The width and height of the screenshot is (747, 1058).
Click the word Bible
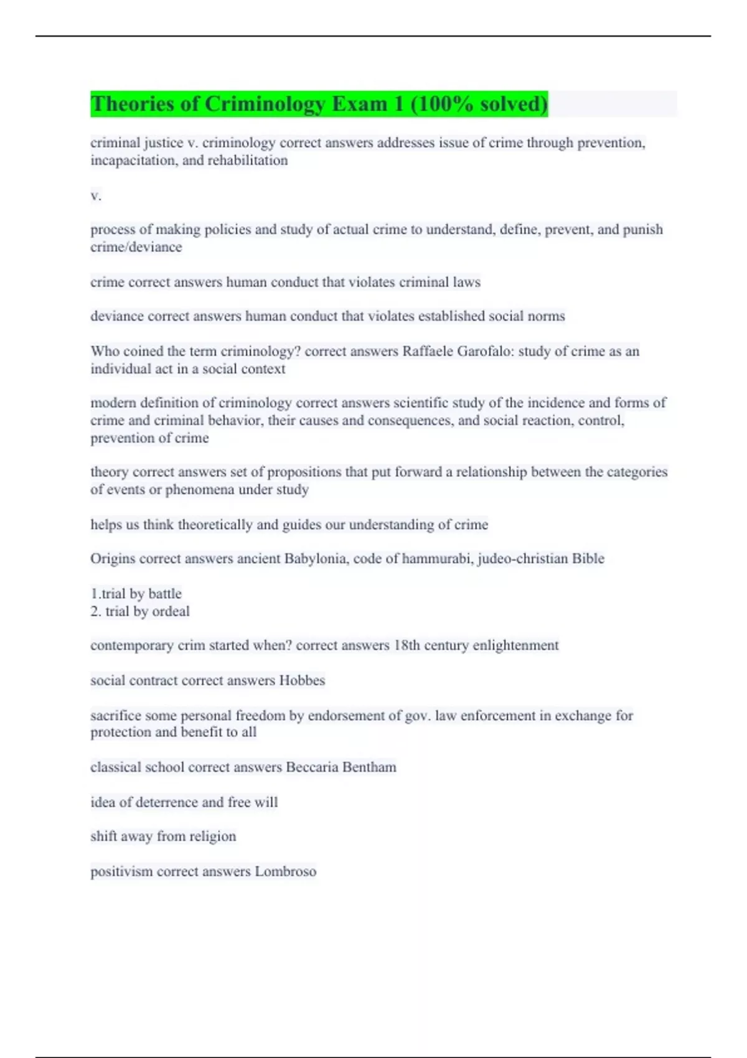tap(588, 558)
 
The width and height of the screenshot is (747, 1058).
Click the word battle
tap(165, 594)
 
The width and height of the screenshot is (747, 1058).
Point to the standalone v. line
tap(96, 195)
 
